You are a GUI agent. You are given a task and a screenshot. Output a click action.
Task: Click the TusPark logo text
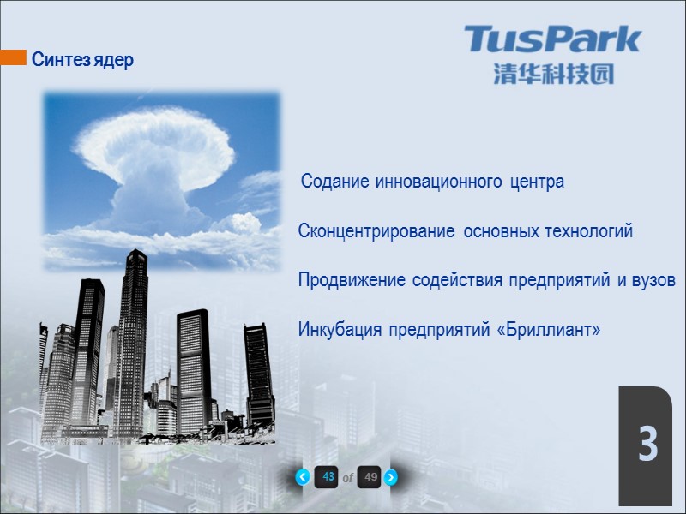coord(553,39)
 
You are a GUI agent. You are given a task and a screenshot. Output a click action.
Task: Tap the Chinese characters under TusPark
coord(553,74)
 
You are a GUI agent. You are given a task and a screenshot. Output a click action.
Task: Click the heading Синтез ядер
coord(82,61)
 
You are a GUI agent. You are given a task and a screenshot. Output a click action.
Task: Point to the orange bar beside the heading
coord(13,58)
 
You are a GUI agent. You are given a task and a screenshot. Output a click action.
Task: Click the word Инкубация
coord(340,330)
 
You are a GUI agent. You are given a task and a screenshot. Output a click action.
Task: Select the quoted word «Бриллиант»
coord(549,330)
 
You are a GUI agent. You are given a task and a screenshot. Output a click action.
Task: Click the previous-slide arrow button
coord(302,477)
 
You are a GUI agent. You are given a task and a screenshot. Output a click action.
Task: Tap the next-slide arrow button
coord(390,477)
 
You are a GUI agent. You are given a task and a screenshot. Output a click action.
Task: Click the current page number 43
coord(326,477)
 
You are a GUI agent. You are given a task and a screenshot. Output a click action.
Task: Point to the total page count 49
coord(369,477)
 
